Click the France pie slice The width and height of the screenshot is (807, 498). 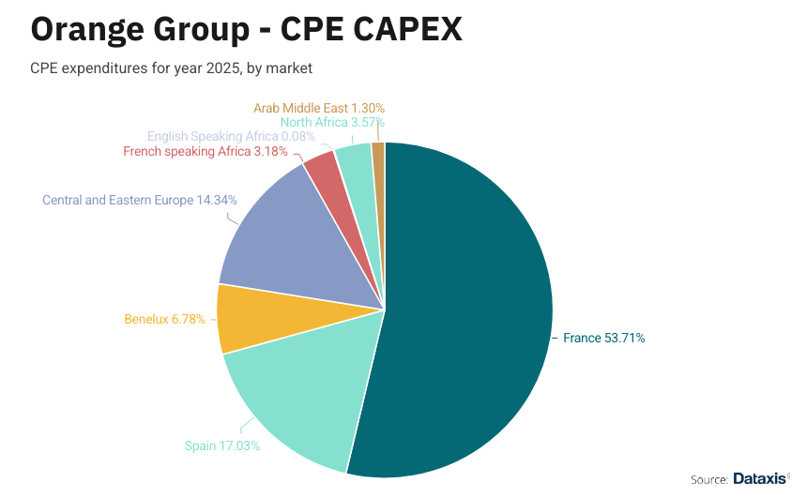pos(469,319)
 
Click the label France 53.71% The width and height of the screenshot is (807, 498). pos(603,338)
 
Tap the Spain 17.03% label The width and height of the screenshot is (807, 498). pos(222,445)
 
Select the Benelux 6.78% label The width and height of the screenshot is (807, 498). pos(164,319)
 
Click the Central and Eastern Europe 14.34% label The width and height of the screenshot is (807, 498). pos(140,200)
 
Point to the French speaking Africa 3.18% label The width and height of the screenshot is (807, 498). pos(206,151)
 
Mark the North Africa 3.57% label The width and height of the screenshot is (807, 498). pos(332,122)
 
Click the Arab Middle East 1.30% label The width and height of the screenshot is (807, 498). pos(319,108)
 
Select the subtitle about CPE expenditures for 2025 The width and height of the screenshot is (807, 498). pos(171,68)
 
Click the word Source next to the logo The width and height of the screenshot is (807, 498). pos(709,479)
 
